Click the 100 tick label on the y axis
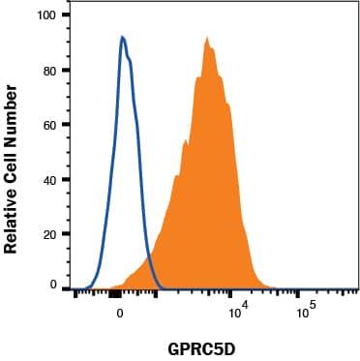coord(45,16)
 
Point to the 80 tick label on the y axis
coord(48,71)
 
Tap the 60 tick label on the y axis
coord(48,125)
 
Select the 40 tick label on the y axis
coord(48,179)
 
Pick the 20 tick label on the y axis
coord(48,233)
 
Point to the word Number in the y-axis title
coord(13,106)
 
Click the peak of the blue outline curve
coord(122,37)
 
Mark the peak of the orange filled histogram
coord(207,38)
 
